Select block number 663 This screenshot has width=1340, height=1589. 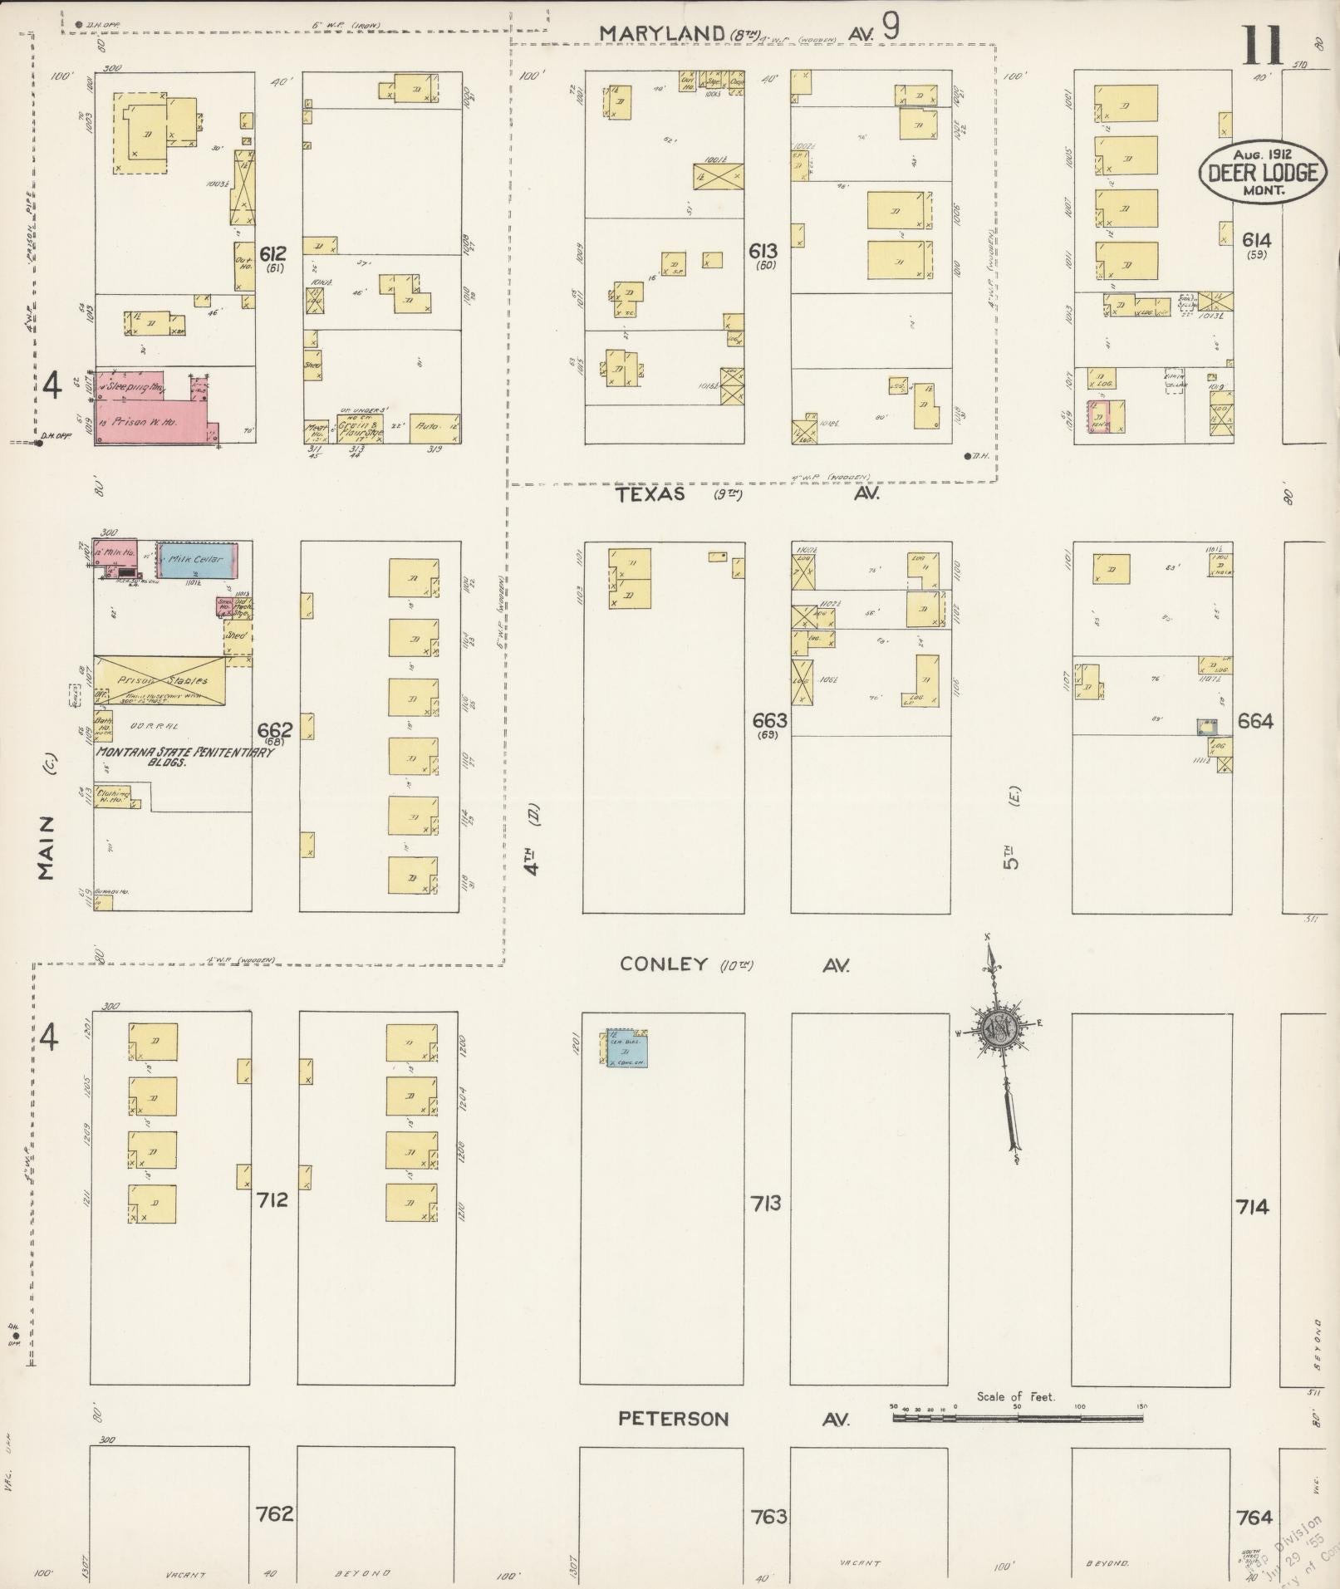768,720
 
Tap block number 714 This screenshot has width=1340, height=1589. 1252,1207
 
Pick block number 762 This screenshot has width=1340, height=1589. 275,1513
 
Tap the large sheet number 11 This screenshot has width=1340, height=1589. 1264,47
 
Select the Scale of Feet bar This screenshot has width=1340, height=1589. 1017,1418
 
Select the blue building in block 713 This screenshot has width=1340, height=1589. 626,1048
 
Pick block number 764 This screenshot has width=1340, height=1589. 1254,1518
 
